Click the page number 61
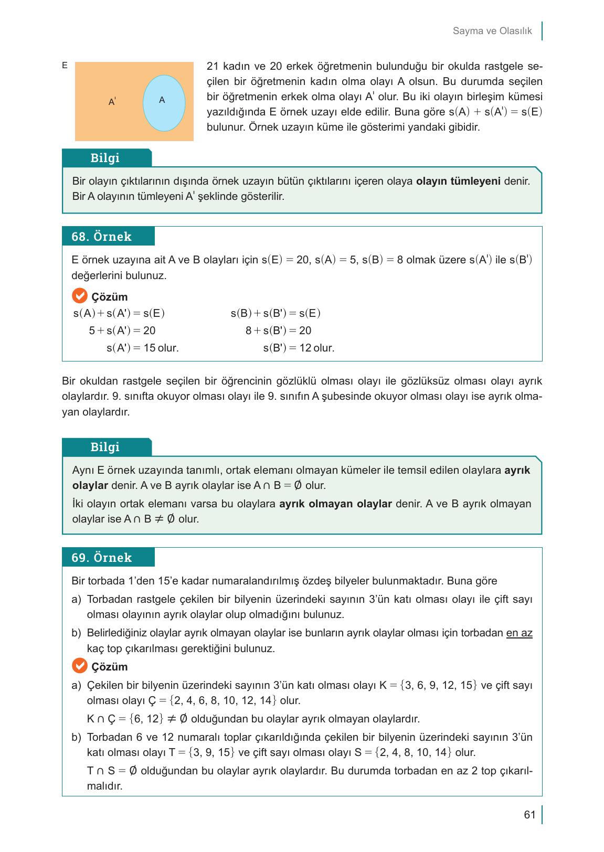pos(529,815)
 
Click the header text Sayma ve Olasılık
pos(492,31)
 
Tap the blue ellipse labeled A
pos(164,102)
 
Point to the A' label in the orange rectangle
pos(112,102)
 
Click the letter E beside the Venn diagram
pos(65,66)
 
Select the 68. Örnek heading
pos(102,237)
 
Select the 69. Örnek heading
pos(102,558)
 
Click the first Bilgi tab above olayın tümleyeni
pos(105,158)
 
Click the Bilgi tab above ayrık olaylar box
pos(105,447)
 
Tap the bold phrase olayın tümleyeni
pos(458,181)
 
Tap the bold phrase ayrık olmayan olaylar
pos(335,504)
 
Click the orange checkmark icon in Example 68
pos(79,296)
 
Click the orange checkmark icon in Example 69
pos(79,666)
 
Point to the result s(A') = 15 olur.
pos(142,348)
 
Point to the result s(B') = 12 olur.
pos(299,348)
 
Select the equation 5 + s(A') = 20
pos(122,331)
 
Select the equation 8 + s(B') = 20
pos(279,331)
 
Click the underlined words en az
pos(519,633)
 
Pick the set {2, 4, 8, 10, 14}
pos(414,752)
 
